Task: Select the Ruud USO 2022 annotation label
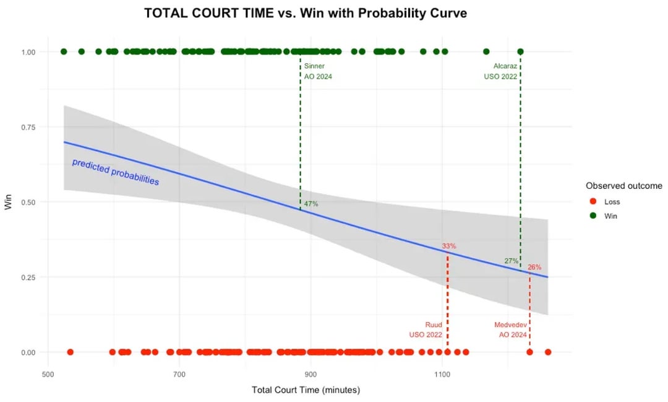[426, 330]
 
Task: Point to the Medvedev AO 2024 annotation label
[510, 330]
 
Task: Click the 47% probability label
[311, 204]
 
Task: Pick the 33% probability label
[449, 246]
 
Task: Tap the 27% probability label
[511, 261]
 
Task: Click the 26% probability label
[534, 268]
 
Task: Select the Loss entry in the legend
[612, 201]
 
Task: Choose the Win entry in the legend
[610, 216]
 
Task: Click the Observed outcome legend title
[623, 185]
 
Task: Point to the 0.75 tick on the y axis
[28, 127]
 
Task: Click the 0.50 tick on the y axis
[28, 202]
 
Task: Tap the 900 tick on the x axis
[310, 374]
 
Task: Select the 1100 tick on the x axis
[442, 374]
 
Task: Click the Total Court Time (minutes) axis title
[306, 390]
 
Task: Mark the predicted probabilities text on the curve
[116, 172]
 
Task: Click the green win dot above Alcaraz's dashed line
[520, 51]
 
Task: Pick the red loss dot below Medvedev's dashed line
[529, 352]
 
